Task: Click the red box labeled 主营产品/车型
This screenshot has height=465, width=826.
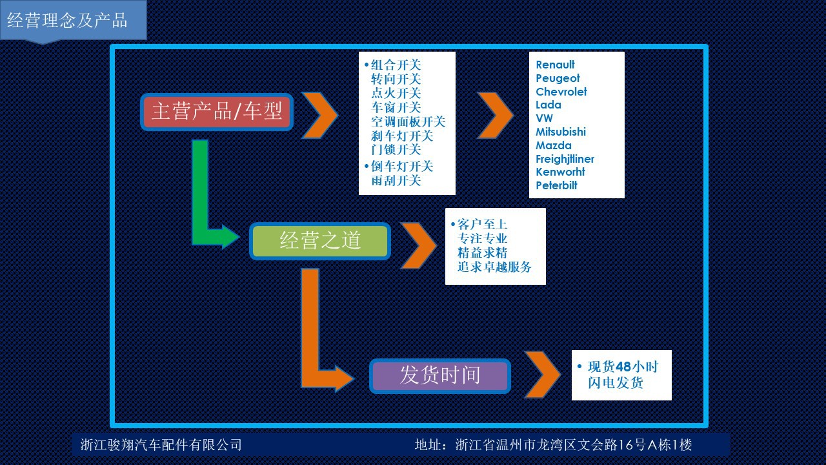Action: (217, 112)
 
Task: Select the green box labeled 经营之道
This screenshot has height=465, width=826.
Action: (320, 241)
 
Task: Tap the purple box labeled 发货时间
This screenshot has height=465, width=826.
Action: (440, 375)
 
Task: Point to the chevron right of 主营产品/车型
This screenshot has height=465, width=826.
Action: (320, 115)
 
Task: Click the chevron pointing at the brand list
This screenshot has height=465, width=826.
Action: (496, 115)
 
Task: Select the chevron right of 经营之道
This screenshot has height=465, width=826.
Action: (419, 245)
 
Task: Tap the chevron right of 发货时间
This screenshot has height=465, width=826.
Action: (543, 375)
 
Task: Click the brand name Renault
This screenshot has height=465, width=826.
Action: (555, 65)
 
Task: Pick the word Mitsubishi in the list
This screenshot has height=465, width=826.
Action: (561, 132)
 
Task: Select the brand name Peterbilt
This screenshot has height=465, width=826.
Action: (556, 185)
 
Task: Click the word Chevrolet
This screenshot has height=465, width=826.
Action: (561, 92)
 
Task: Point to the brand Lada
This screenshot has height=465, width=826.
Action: (549, 105)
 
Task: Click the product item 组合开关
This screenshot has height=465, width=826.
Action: (396, 65)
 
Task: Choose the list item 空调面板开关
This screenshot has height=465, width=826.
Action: (408, 121)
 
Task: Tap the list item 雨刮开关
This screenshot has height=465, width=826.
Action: (396, 180)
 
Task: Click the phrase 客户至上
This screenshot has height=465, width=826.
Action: (482, 224)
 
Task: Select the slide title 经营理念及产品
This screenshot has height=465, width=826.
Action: (67, 20)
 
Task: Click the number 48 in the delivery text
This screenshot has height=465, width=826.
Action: (623, 367)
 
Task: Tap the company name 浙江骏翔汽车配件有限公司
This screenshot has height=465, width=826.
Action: (161, 445)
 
